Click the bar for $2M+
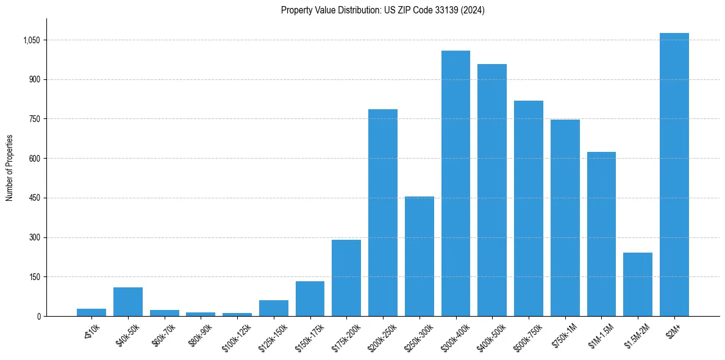(x=674, y=175)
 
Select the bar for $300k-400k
(x=455, y=183)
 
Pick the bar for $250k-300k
(x=420, y=256)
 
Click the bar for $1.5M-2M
(x=638, y=284)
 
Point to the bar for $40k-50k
(x=128, y=301)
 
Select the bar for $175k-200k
(x=346, y=278)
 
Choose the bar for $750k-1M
(x=565, y=218)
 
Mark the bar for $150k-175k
(x=310, y=298)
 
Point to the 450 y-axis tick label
(x=35, y=198)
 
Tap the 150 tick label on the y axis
(x=35, y=277)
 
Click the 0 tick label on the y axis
(x=38, y=316)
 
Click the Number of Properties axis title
(x=9, y=168)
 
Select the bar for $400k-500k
(x=492, y=190)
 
